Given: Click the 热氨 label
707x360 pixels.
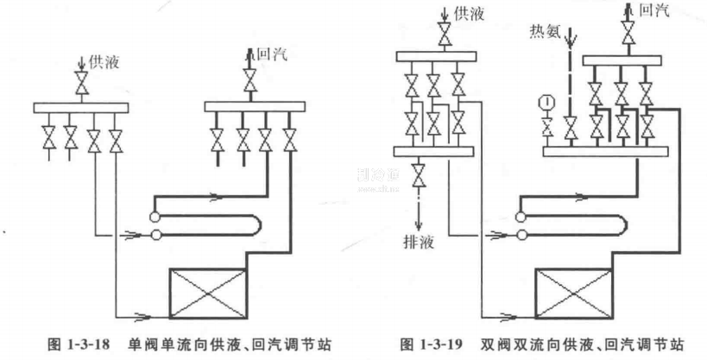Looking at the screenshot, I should coord(545,33).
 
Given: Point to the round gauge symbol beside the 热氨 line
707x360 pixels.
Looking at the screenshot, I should coord(546,105).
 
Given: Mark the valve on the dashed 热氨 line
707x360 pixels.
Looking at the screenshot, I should coord(570,129).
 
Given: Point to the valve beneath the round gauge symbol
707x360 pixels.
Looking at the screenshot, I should coord(546,129).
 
